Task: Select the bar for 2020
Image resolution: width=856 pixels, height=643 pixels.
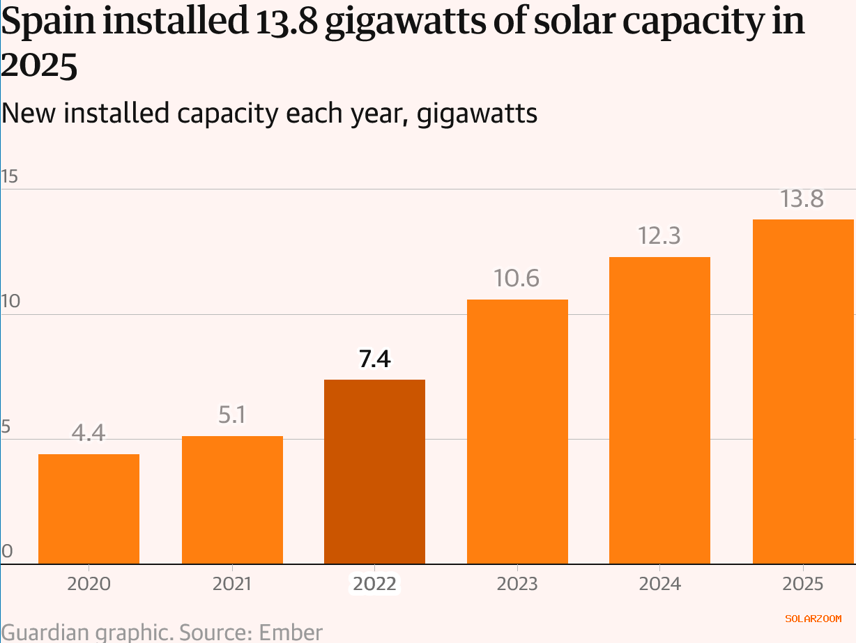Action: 89,509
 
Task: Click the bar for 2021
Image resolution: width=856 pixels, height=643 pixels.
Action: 232,499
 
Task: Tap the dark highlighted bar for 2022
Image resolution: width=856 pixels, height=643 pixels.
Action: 375,472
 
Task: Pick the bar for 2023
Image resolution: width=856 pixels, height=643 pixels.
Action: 517,431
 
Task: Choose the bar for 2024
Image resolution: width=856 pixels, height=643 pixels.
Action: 659,410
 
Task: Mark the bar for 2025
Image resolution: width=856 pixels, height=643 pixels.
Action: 803,392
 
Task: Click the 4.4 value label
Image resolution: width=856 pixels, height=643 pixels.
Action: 89,434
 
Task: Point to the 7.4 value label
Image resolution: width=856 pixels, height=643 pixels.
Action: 375,359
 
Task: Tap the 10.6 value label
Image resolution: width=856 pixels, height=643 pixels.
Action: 517,279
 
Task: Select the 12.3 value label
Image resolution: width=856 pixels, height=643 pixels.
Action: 659,237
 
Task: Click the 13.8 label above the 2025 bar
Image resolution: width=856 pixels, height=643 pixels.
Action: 803,199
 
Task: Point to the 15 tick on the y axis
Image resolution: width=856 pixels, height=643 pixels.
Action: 9,177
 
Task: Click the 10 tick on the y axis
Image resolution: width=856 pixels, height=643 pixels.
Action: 9,302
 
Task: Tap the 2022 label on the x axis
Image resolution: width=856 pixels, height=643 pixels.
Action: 375,583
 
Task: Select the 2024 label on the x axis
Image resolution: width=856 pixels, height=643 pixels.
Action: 659,583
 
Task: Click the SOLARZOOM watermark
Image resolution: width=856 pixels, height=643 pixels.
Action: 813,618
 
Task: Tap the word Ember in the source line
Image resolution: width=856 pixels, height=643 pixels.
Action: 291,633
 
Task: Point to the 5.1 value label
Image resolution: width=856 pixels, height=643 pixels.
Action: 232,416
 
